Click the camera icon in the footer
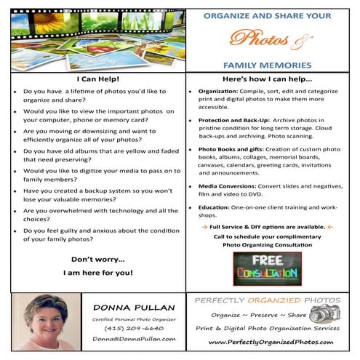tap(324, 314)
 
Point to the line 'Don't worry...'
tap(97, 259)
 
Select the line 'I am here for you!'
tap(97, 273)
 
